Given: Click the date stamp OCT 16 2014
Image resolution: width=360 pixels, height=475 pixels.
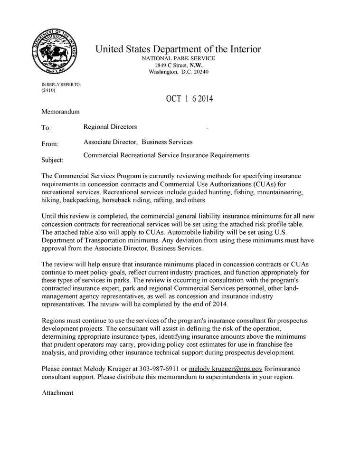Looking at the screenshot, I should click(x=189, y=99).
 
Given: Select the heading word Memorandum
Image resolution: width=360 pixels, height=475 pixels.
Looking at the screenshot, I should click(x=60, y=112).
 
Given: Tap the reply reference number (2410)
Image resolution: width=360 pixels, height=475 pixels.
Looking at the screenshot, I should click(x=48, y=90).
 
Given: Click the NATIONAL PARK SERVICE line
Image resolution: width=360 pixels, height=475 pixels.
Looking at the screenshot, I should click(x=178, y=58).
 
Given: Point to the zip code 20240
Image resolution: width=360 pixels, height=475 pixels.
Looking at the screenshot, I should click(x=200, y=72).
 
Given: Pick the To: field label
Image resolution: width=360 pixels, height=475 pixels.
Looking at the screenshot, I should click(x=46, y=128).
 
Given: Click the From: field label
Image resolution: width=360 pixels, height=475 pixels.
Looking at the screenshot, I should click(x=50, y=144).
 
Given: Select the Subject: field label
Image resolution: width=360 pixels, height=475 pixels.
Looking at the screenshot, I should click(x=52, y=160).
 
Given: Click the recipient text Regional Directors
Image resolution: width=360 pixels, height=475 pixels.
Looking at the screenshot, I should click(x=110, y=127).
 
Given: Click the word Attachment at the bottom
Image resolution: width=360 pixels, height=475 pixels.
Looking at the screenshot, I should click(x=57, y=393).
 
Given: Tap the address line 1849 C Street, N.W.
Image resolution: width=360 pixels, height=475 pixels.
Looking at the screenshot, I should click(x=178, y=65).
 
